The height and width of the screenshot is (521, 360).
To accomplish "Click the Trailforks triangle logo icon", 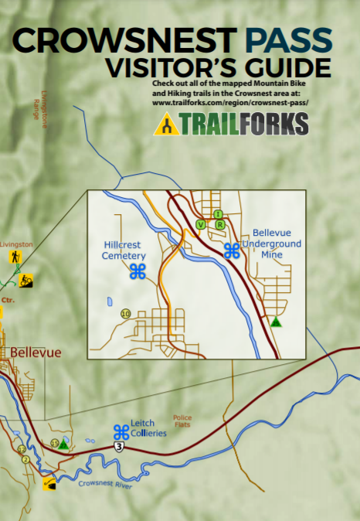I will pyautogui.click(x=167, y=124).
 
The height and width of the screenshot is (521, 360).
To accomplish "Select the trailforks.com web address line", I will pyautogui.click(x=241, y=101).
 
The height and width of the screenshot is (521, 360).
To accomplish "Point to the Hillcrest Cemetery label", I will pyautogui.click(x=124, y=250).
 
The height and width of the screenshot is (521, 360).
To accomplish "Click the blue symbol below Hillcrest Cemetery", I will pyautogui.click(x=138, y=271).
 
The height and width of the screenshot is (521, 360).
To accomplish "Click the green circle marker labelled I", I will pyautogui.click(x=218, y=214).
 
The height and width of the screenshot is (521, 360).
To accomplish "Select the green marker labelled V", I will pyautogui.click(x=201, y=225).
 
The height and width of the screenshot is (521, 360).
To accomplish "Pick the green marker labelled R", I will pyautogui.click(x=220, y=225).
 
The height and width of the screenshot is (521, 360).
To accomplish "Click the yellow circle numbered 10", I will pyautogui.click(x=125, y=314).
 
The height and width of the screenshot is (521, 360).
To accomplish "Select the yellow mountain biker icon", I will pyautogui.click(x=25, y=279).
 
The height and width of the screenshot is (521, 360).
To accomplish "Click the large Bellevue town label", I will pyautogui.click(x=35, y=352).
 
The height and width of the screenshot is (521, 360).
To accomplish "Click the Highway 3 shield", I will pyautogui.click(x=118, y=447).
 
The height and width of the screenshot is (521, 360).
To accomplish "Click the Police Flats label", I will pyautogui.click(x=182, y=421).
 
